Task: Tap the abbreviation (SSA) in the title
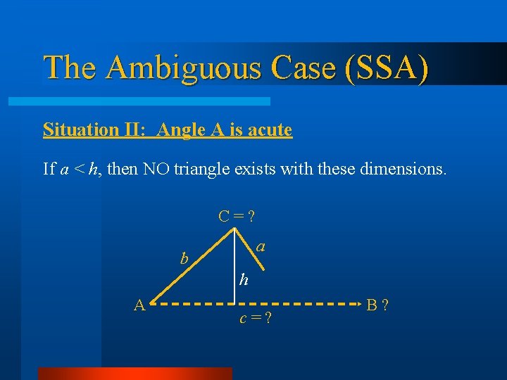[x=387, y=68]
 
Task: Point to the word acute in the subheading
[x=265, y=129]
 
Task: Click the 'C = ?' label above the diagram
[x=236, y=216]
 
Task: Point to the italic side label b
[x=184, y=258]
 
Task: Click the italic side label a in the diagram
[x=261, y=246]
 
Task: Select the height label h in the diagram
[x=243, y=280]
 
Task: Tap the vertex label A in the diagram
[x=139, y=305]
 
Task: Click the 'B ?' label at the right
[x=378, y=305]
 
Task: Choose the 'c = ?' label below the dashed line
[x=255, y=319]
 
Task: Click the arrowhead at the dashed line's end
[x=358, y=304]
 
